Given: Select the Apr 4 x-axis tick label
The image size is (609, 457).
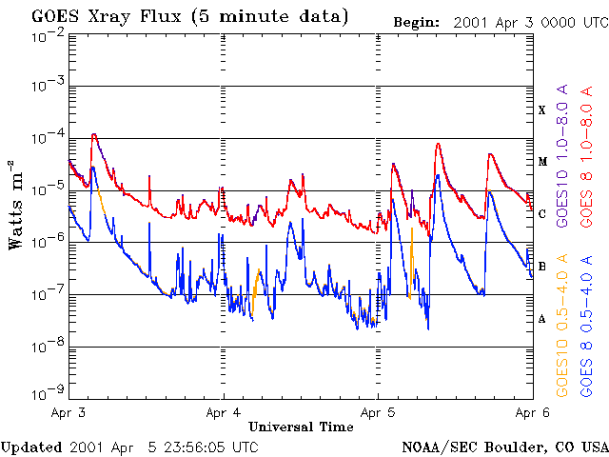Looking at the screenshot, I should point(224,412).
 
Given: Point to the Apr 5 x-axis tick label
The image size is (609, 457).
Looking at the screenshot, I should point(378,412).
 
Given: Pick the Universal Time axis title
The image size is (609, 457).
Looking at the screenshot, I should point(301,427).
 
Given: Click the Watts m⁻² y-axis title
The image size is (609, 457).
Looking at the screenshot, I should point(16,205).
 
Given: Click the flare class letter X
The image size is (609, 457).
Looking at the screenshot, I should point(541,110).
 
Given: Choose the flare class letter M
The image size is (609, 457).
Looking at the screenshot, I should point(541,162).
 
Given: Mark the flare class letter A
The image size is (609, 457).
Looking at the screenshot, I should point(541,319).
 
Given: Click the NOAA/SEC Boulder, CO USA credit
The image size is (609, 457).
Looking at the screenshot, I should point(504,447).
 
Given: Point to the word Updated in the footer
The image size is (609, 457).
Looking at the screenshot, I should point(31,447).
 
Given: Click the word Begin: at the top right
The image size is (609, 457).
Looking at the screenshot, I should point(418,21).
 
